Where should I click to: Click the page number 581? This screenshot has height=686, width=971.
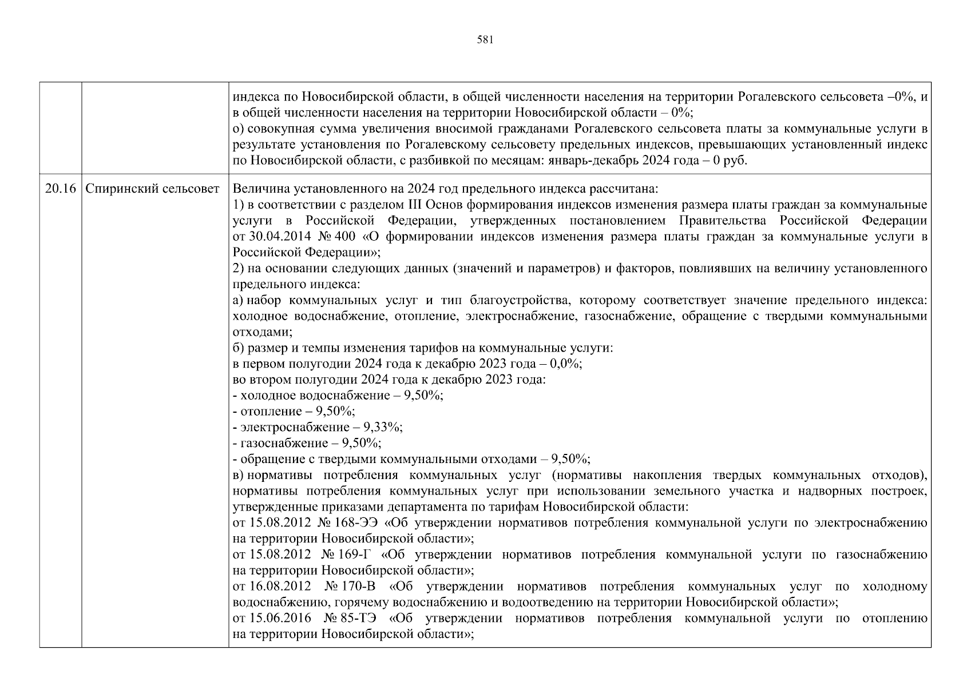[x=485, y=40]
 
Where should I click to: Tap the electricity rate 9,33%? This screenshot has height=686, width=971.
[x=386, y=427]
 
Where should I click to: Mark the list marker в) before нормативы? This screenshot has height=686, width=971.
[x=239, y=475]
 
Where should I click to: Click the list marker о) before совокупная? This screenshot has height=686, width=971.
[x=239, y=129]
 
